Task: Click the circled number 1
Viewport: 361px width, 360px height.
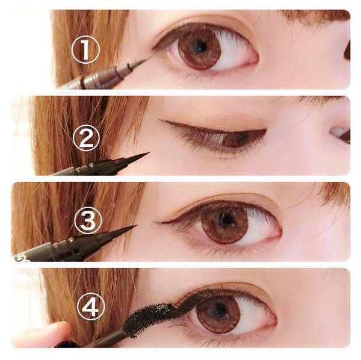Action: click(85, 49)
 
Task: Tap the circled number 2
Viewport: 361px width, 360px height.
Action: click(86, 138)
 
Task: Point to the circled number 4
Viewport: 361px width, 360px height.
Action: click(91, 306)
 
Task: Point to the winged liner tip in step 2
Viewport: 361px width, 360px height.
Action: click(160, 120)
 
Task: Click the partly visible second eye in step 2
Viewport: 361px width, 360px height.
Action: click(341, 135)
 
